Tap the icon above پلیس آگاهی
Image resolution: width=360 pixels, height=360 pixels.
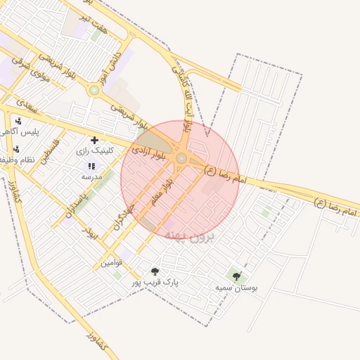click(x=18, y=121)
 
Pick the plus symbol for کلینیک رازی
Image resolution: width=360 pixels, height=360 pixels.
click(x=94, y=141)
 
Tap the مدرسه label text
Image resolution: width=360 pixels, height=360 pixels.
click(x=91, y=176)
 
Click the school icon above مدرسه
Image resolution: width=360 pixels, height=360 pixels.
click(x=91, y=166)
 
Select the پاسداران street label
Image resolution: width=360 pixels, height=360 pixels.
click(x=77, y=203)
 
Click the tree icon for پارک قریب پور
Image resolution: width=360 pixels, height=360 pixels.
click(x=155, y=271)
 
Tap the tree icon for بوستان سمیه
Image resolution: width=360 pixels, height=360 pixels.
click(x=236, y=276)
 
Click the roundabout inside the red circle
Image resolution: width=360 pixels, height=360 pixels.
click(x=181, y=159)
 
